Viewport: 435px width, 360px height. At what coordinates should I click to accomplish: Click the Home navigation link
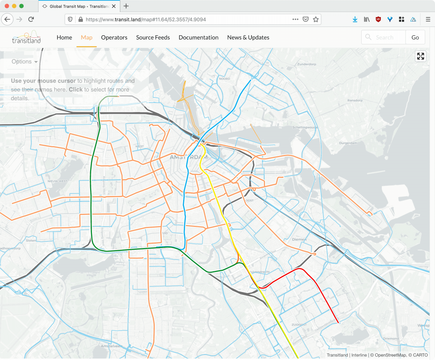(x=64, y=37)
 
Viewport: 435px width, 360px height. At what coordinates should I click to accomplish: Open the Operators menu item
(x=114, y=37)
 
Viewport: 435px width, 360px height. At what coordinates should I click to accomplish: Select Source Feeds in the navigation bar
(x=153, y=37)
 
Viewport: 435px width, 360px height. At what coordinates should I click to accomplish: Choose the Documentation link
(x=198, y=37)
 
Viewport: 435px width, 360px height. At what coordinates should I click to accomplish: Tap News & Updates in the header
(x=248, y=37)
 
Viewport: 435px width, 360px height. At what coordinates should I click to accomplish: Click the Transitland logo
(x=26, y=37)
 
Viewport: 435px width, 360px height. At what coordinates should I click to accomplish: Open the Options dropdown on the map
(x=24, y=62)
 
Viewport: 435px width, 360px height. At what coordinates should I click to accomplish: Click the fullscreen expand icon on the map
(x=420, y=56)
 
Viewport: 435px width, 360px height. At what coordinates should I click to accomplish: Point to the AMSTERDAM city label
(x=189, y=157)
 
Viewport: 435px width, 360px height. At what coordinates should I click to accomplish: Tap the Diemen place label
(x=299, y=239)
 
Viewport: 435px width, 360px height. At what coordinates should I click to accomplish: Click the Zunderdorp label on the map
(x=307, y=64)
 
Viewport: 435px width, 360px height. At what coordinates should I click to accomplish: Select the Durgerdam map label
(x=348, y=143)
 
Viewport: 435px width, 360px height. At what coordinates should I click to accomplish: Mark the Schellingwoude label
(x=305, y=127)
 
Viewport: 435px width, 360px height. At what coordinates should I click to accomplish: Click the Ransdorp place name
(x=355, y=100)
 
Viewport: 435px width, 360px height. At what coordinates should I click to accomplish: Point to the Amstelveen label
(x=111, y=346)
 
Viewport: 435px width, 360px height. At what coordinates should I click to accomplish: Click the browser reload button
(x=31, y=19)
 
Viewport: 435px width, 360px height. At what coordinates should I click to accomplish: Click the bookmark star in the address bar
(x=316, y=19)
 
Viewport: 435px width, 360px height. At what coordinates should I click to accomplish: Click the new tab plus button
(x=126, y=6)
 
